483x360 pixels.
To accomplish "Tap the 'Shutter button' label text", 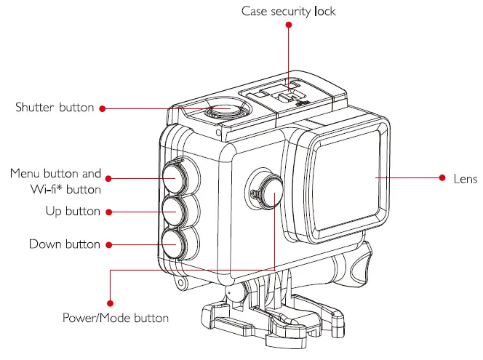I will point(55,108).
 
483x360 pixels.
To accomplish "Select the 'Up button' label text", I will point(72,212).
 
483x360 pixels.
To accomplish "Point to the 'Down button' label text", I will point(65,244).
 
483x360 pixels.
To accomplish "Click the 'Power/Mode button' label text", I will point(116,318).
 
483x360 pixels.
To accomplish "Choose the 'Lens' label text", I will point(466,178).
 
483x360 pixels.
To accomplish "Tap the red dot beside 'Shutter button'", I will point(103,108).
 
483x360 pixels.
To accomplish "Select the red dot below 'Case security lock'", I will point(289,25).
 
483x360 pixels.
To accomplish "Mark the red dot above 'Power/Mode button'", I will point(110,303).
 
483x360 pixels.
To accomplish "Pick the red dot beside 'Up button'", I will point(108,212).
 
